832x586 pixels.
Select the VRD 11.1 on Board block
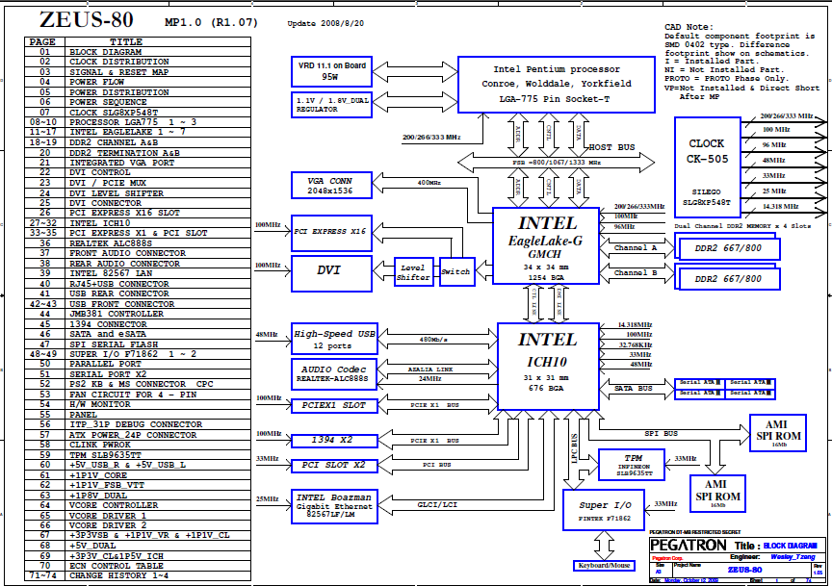coord(330,70)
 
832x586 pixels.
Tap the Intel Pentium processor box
coord(556,83)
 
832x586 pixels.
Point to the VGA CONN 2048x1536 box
coord(330,186)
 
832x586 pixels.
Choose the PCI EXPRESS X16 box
coord(330,232)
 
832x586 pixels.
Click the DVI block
coord(330,271)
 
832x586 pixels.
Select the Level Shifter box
coord(413,273)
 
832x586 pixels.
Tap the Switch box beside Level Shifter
coord(455,272)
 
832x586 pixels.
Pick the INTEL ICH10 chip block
coord(547,362)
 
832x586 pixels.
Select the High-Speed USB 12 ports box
coord(334,339)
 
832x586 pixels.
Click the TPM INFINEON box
coord(631,464)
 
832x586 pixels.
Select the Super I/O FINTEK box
coord(605,511)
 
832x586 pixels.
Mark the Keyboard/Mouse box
coord(605,565)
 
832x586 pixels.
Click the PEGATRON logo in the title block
coord(688,545)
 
